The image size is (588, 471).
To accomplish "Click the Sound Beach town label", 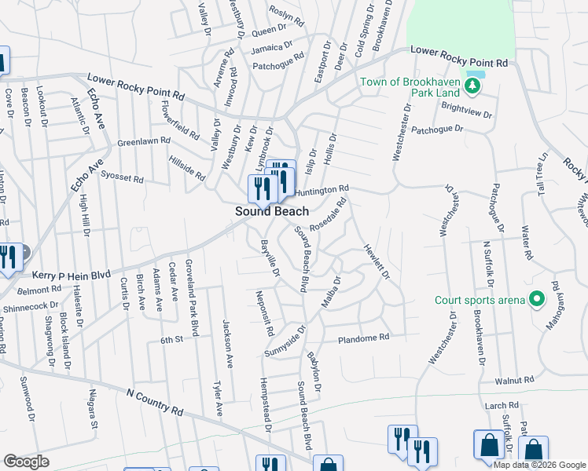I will pyautogui.click(x=272, y=212).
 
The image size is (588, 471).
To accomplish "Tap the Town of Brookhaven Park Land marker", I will pyautogui.click(x=472, y=86).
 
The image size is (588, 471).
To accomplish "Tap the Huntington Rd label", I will pyautogui.click(x=322, y=190).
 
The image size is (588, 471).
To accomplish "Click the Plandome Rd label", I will pyautogui.click(x=364, y=338).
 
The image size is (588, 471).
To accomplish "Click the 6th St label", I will pyautogui.click(x=171, y=339).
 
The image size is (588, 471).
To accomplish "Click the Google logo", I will pyautogui.click(x=26, y=462).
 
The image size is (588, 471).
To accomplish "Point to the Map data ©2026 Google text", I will pyautogui.click(x=540, y=465).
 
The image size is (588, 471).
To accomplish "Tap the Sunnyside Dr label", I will pyautogui.click(x=290, y=334).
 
